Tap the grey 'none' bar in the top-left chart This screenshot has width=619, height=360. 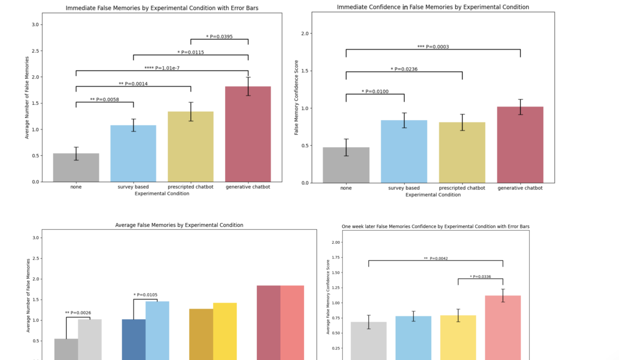76,167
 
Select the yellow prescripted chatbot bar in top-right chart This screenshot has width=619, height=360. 462,153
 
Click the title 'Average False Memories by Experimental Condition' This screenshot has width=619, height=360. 179,225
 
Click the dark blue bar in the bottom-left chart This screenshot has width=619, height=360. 134,339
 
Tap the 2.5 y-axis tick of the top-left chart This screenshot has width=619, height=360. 35,51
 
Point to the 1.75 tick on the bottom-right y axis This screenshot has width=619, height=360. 335,257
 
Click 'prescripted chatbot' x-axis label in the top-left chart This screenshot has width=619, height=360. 190,187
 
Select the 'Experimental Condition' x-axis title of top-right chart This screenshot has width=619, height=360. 433,194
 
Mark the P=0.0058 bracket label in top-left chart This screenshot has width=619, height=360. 105,100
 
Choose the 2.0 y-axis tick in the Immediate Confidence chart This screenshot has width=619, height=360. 305,34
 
